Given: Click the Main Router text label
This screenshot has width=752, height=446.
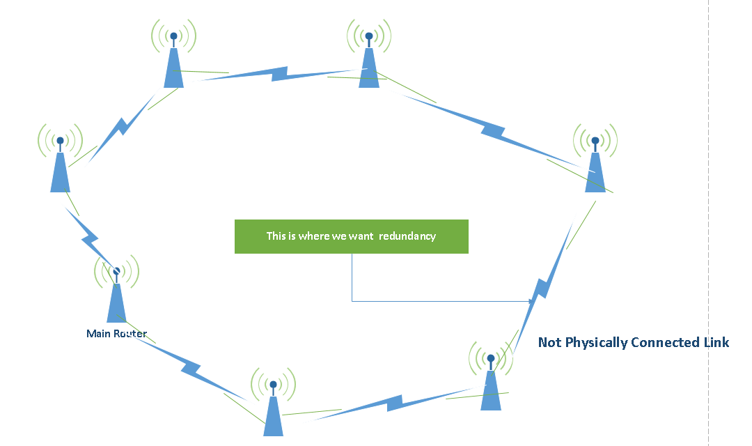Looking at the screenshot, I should [116, 334].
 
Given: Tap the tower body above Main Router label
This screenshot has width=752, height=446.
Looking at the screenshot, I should [116, 303].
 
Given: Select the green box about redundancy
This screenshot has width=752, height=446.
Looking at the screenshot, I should [351, 236].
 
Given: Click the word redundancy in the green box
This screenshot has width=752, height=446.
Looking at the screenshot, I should [407, 236].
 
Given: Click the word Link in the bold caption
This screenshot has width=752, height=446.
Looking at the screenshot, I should [716, 342].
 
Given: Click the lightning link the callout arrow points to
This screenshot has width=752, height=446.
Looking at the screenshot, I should [543, 286].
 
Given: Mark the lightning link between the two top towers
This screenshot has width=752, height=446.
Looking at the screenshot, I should [279, 73].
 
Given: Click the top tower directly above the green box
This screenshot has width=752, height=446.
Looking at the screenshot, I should [369, 66].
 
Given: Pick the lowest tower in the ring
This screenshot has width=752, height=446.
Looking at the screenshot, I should [273, 415].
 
